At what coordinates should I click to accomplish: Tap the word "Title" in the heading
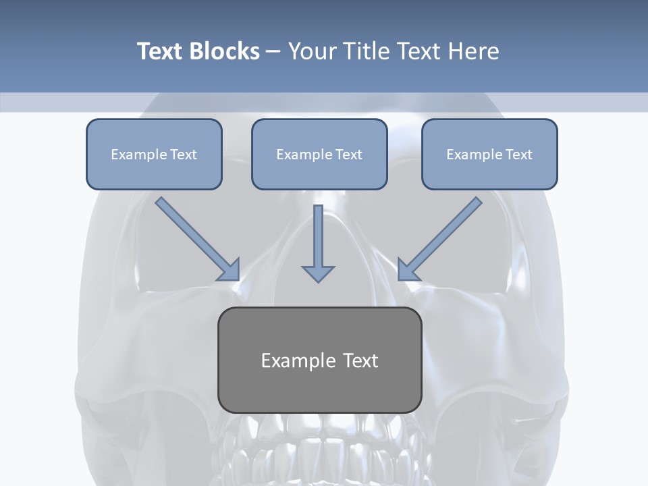364,51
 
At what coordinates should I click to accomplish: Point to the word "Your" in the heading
311,51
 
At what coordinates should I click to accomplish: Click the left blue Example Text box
154,154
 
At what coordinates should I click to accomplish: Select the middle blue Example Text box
319,154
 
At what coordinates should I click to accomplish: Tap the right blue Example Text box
489,154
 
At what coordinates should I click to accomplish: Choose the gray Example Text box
319,360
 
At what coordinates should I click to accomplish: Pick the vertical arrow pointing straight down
318,240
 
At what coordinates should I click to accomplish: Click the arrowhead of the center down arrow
318,273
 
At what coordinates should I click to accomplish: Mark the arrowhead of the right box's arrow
407,270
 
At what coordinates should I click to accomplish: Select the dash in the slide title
273,52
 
